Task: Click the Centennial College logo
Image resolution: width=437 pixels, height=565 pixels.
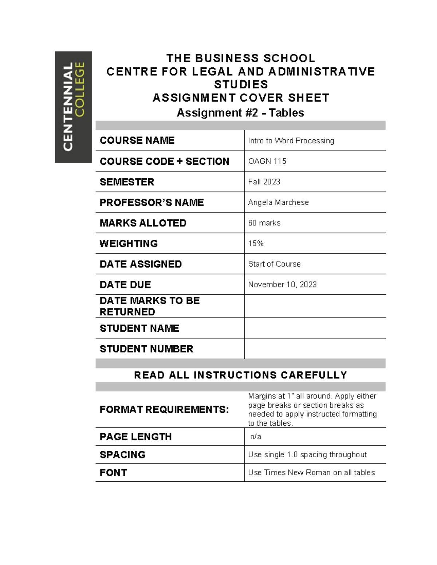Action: (x=73, y=107)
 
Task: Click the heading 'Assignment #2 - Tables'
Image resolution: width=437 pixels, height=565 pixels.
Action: (x=240, y=113)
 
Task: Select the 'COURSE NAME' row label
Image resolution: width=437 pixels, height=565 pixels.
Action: (x=137, y=140)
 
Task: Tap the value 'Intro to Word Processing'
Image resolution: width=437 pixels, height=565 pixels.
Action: (x=291, y=141)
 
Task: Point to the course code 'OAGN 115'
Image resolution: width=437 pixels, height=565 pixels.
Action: (x=267, y=161)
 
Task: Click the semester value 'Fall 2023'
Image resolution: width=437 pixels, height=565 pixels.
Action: (x=264, y=182)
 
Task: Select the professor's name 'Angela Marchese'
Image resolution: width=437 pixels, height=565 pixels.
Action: (x=278, y=202)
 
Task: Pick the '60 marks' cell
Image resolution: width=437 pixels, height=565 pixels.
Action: (x=264, y=223)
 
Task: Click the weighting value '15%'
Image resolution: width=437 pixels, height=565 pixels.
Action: (x=256, y=243)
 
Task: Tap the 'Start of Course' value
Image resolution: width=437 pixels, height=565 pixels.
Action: (x=274, y=264)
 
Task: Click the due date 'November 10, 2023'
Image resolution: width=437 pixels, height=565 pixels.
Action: (x=282, y=285)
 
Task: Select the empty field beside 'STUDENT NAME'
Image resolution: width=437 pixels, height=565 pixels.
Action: (x=315, y=328)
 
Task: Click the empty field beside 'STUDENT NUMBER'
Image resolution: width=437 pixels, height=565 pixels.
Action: (x=315, y=349)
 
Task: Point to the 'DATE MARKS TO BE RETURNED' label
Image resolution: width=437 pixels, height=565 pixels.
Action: (x=150, y=306)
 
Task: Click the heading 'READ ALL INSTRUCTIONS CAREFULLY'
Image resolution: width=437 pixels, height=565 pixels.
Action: (x=240, y=375)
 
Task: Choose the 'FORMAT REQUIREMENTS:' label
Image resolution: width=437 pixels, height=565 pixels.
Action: (x=164, y=410)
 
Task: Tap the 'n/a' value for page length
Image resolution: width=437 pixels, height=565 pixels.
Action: (x=256, y=437)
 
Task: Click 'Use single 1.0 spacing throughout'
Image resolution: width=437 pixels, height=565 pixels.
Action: (x=307, y=455)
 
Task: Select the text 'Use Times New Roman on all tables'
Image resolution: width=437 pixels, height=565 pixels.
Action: (x=311, y=473)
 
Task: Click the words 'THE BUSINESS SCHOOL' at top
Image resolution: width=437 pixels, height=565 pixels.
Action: (x=240, y=58)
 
